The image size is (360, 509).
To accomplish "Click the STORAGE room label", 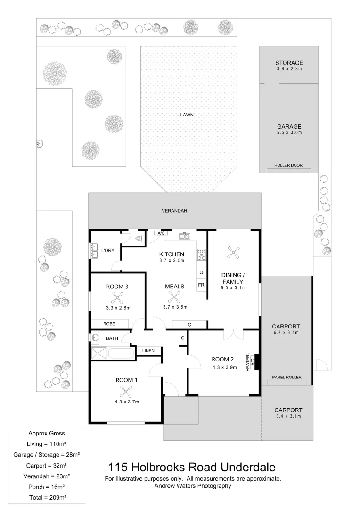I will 289,63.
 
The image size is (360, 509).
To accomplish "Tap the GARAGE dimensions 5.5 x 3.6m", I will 289,133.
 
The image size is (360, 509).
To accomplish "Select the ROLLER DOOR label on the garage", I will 288,165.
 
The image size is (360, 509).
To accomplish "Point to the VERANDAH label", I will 174,211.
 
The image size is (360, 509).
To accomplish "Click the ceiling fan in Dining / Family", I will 233,254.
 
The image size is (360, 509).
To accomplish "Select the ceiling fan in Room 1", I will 126,391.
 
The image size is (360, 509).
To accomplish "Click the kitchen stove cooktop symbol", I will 202,254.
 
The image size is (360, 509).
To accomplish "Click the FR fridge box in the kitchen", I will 201,285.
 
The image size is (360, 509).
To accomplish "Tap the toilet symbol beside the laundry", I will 138,238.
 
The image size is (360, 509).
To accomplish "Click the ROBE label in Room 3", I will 109,324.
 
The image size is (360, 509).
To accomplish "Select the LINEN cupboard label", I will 148,350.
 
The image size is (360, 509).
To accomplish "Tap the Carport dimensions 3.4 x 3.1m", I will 288,416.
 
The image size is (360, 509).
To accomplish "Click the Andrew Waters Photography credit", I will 193,486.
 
